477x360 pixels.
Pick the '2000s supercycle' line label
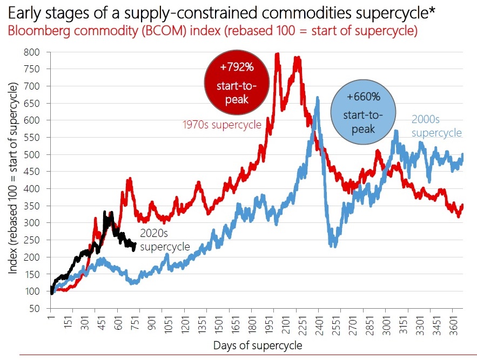click(436, 126)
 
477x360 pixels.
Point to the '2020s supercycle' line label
click(165, 240)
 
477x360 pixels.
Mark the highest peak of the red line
click(277, 53)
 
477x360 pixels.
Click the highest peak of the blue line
click(318, 98)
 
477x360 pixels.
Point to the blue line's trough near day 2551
click(334, 246)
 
